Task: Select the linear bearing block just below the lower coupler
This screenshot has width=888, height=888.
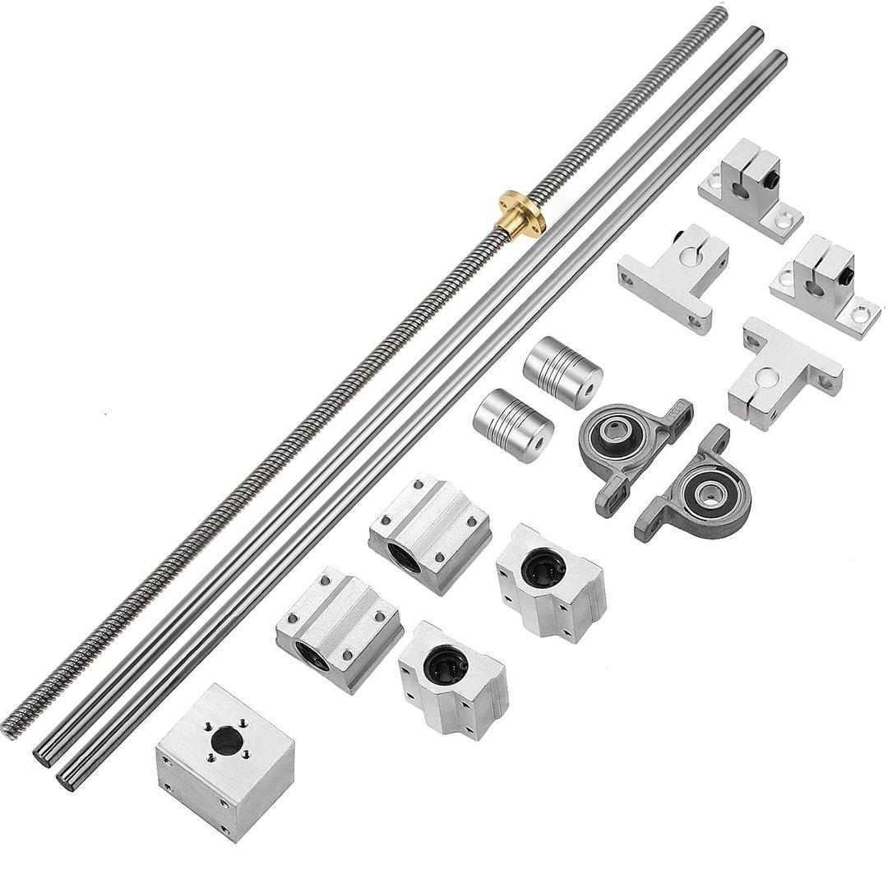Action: pos(429,532)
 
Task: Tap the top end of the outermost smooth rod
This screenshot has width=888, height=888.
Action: pos(777,59)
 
